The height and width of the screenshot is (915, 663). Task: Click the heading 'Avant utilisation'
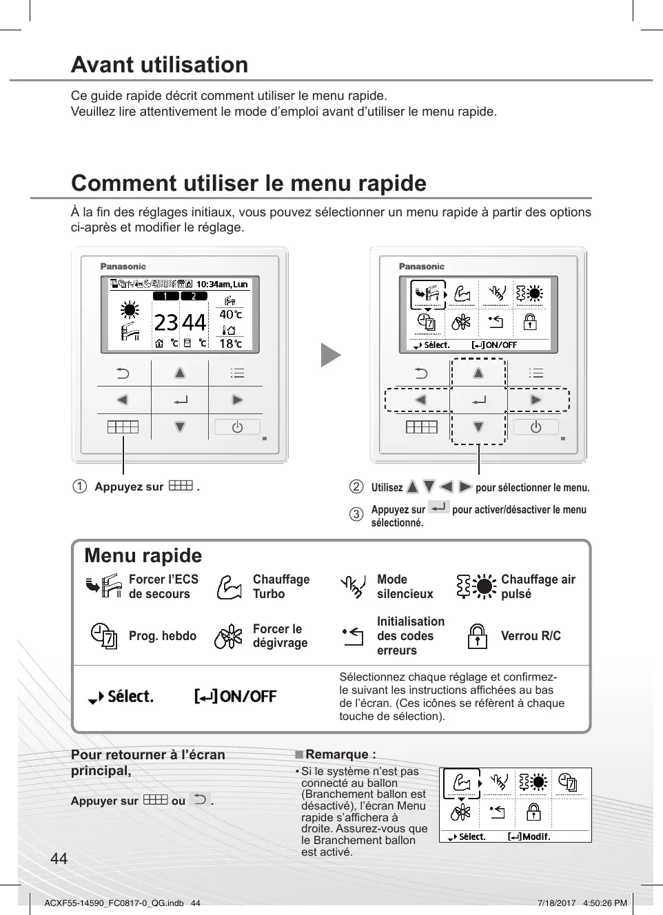(x=159, y=65)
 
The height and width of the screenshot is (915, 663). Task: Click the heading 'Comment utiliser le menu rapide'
(x=249, y=183)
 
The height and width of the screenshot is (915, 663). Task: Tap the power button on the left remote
(x=237, y=427)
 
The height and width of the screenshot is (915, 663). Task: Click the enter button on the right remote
(x=479, y=400)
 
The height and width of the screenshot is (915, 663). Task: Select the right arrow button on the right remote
(x=535, y=400)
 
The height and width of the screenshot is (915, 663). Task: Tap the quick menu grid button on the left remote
(x=123, y=427)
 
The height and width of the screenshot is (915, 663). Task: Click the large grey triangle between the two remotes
(x=330, y=356)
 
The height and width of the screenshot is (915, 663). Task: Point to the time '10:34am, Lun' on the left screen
(x=222, y=284)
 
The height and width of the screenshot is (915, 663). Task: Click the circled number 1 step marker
(x=80, y=486)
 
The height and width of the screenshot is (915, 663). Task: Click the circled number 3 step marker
(x=356, y=514)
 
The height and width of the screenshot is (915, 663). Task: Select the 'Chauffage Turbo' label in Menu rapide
(x=281, y=586)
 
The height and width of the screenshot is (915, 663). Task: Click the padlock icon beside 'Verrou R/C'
(x=477, y=636)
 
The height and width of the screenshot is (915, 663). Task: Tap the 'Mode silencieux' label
(x=405, y=586)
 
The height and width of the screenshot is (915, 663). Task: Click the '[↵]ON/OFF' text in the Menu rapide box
(x=235, y=697)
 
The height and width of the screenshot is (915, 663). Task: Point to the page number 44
(x=59, y=858)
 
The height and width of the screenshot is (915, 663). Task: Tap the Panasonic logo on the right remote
(x=422, y=267)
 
